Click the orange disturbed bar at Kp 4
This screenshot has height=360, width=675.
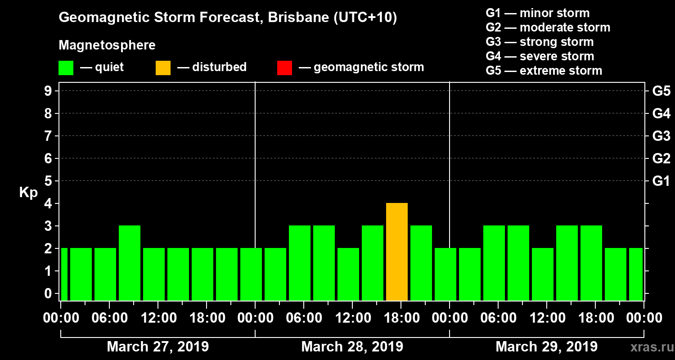tap(397, 252)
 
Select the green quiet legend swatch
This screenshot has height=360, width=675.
tap(66, 68)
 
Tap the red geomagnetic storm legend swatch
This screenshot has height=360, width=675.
tap(284, 68)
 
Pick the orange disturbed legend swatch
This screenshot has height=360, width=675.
tap(163, 68)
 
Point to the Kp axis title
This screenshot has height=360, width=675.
tap(28, 192)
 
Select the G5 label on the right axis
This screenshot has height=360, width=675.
tap(661, 91)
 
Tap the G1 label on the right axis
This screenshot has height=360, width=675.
tap(661, 181)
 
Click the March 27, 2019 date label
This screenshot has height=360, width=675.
tap(157, 347)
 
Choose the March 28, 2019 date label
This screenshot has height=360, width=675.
tap(352, 347)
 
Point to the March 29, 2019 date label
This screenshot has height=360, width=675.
tap(546, 347)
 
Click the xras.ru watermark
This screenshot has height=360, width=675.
tap(648, 347)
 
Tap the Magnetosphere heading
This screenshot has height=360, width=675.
tap(107, 45)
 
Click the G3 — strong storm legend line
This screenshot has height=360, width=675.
tap(540, 42)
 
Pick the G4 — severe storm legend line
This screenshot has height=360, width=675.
tap(540, 56)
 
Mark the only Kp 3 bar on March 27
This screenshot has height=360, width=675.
tap(130, 263)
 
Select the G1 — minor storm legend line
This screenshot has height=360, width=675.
tap(537, 13)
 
